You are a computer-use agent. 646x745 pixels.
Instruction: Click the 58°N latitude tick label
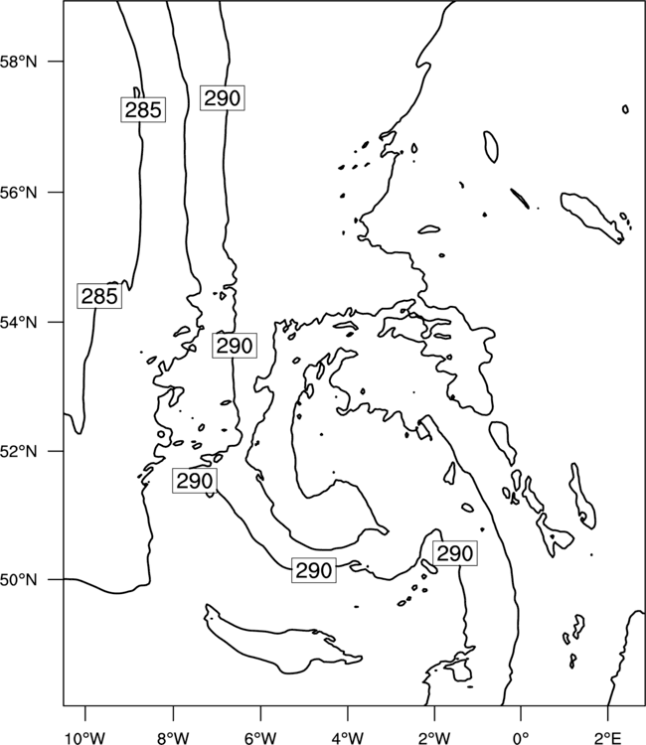19,62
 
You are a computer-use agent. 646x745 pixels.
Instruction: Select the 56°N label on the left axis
19,193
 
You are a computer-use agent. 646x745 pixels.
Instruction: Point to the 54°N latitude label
19,322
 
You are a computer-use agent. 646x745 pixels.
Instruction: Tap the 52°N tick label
19,451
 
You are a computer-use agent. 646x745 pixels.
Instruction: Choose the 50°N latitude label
19,580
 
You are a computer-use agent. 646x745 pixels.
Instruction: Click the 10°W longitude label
85,738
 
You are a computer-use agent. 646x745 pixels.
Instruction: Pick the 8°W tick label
173,738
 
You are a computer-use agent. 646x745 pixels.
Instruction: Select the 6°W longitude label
260,738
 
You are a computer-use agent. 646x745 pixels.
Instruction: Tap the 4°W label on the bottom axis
348,738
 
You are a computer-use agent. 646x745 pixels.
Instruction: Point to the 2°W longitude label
434,738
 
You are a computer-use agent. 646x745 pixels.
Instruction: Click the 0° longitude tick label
521,738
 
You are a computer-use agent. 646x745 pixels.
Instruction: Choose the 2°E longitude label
607,738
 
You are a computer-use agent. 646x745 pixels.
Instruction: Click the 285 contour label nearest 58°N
143,109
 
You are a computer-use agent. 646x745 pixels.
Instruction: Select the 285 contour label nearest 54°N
99,296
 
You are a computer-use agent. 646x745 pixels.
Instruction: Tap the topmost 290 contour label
222,98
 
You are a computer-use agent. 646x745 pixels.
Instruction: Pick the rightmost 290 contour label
455,553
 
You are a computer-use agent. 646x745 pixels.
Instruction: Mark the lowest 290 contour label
314,570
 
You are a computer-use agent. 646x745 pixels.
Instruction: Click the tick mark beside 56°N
56,193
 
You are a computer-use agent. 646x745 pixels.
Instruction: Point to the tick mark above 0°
521,712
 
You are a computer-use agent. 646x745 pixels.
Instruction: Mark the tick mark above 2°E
607,712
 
